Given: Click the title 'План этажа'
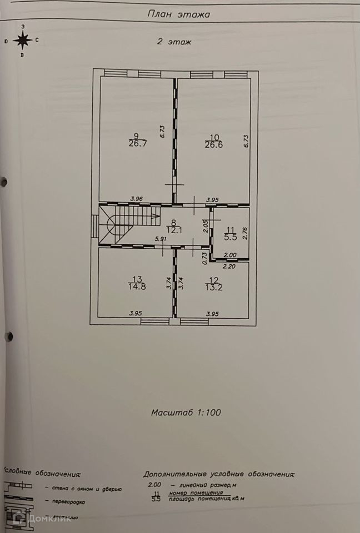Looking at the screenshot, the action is (x=179, y=14).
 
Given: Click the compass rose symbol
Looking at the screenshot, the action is (x=22, y=40).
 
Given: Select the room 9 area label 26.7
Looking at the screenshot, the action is (x=136, y=143).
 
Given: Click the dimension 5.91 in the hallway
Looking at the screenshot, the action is (x=161, y=239).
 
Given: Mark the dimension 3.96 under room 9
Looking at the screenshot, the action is (x=137, y=199).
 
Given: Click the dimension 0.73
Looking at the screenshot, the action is (x=204, y=257).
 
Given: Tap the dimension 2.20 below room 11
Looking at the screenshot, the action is (x=229, y=266).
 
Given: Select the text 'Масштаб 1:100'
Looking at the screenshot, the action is (x=187, y=413).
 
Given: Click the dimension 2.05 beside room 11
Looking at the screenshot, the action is (x=205, y=225).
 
